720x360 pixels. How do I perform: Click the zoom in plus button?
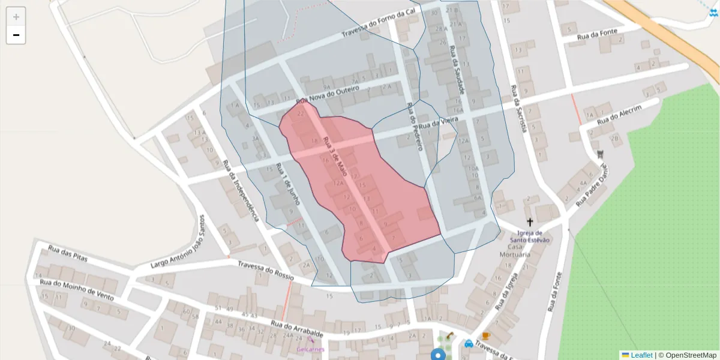16,17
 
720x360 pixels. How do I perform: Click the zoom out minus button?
16,35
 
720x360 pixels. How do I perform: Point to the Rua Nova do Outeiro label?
328,95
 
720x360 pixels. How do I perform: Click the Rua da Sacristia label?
519,109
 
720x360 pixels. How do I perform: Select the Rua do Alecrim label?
620,115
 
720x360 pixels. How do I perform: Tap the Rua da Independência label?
241,189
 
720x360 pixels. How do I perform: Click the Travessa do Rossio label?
266,271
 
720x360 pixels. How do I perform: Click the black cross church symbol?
530,222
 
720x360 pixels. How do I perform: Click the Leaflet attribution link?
641,355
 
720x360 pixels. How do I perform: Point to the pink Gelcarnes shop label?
310,349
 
